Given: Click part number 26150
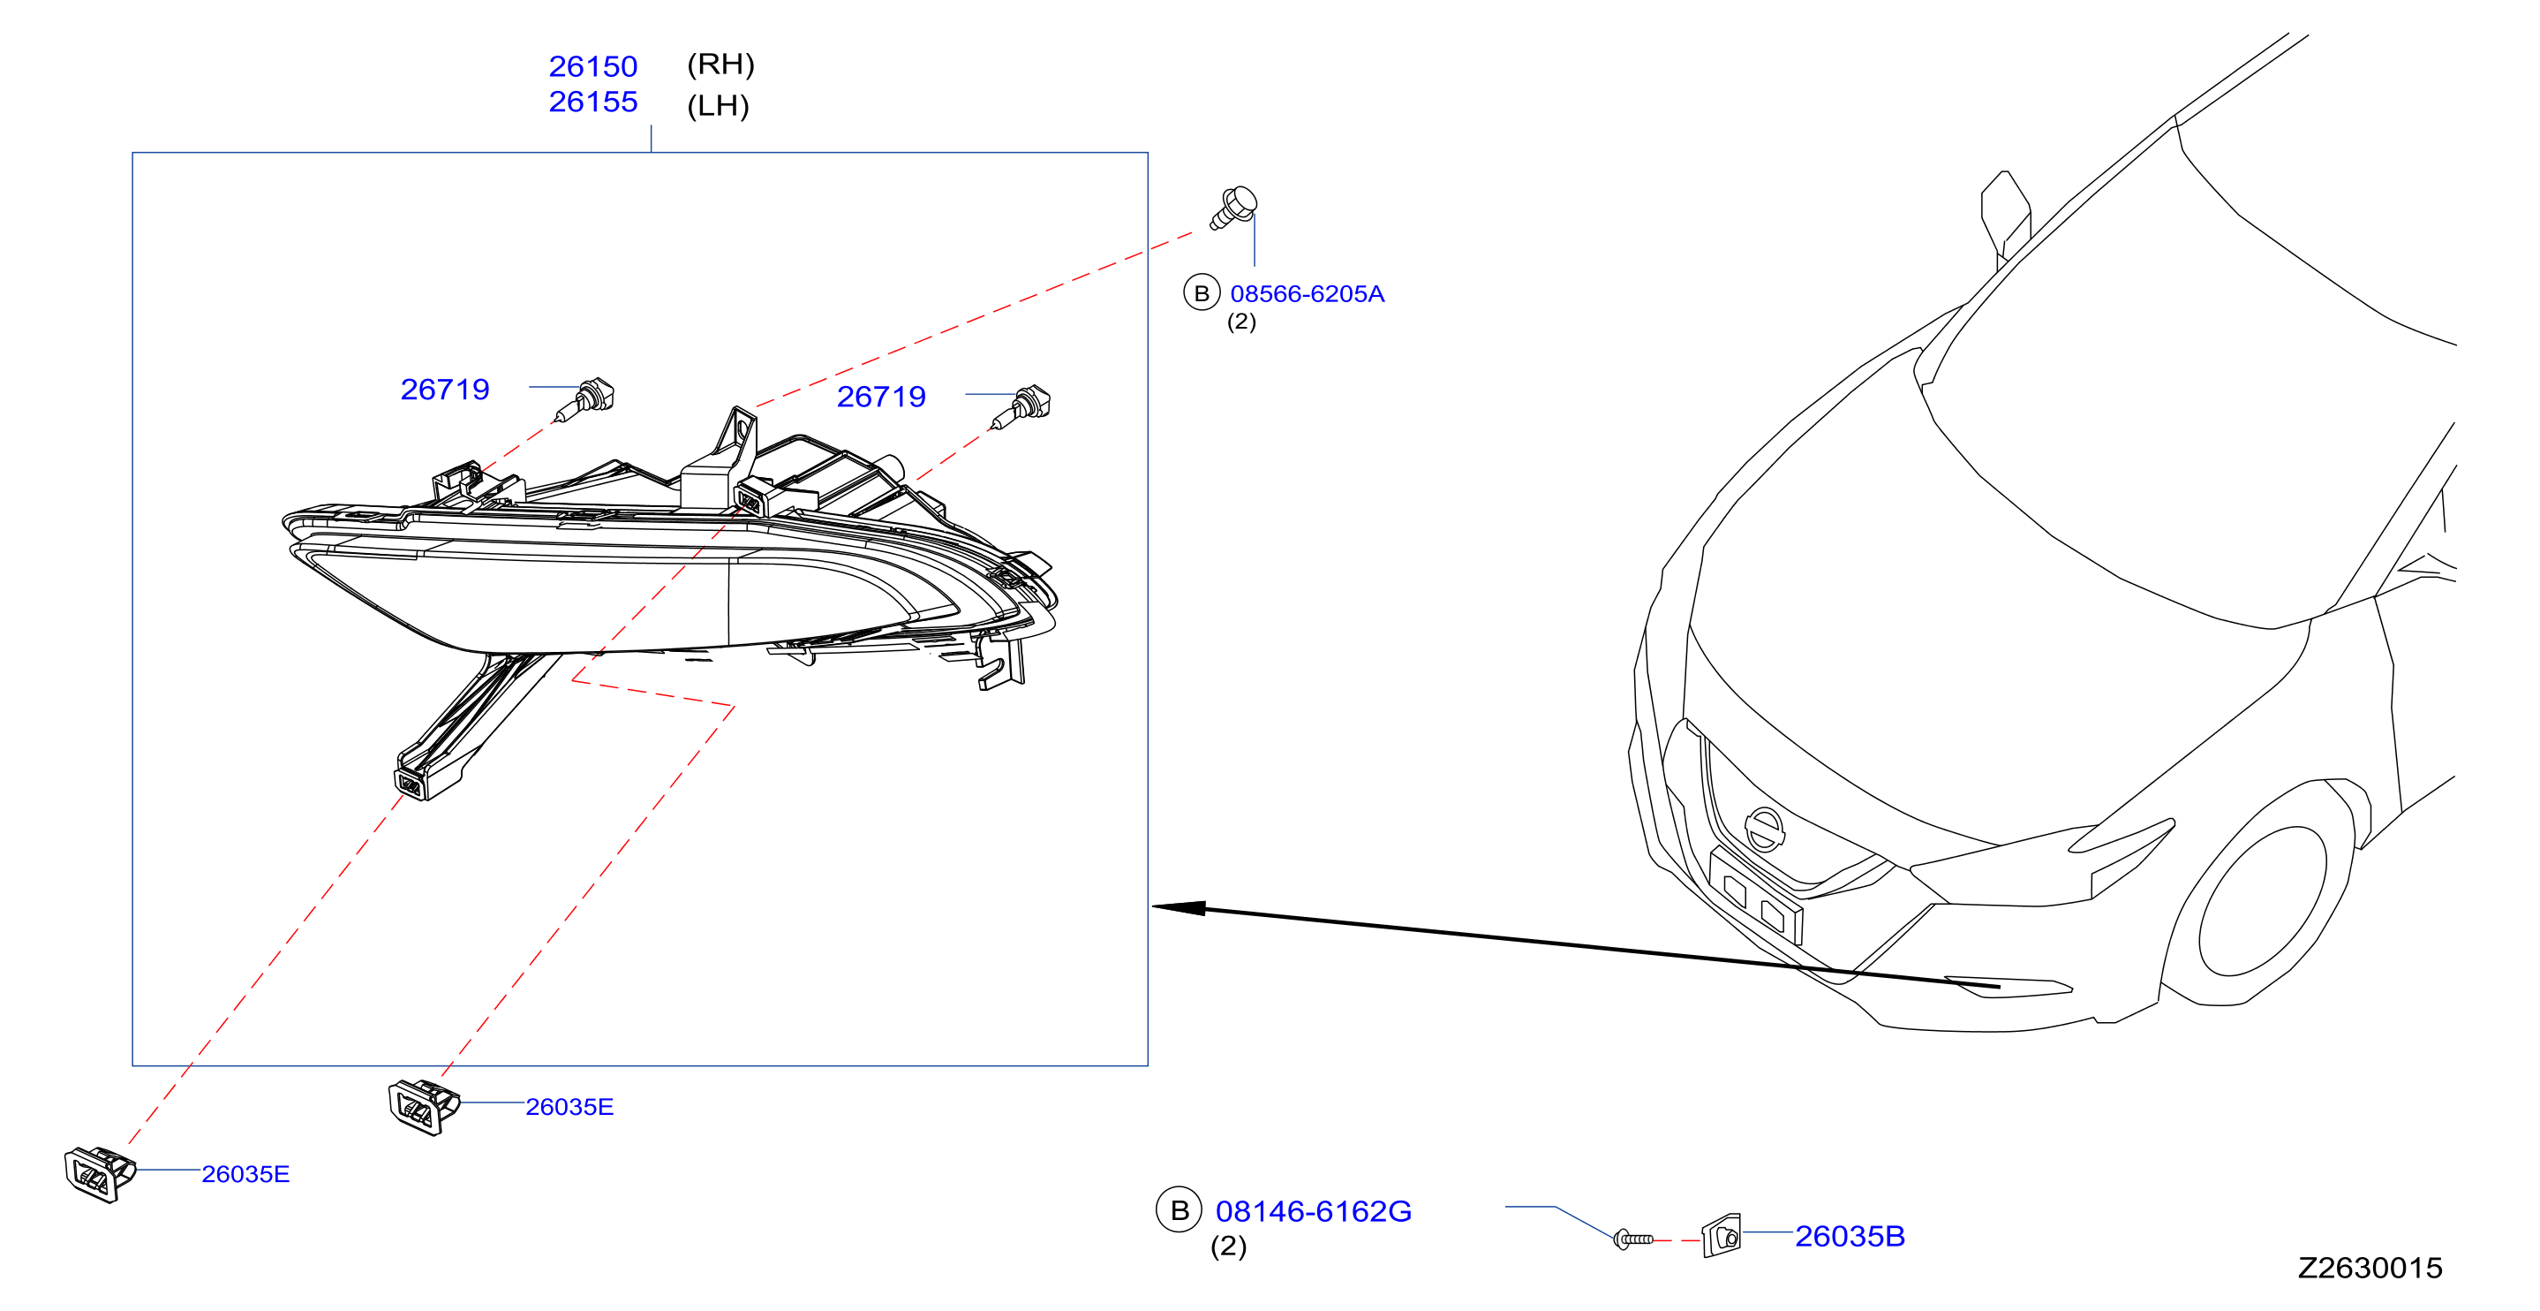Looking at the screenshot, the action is pos(592,66).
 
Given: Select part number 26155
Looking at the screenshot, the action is pos(592,102).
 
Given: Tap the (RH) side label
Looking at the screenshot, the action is pos(720,64).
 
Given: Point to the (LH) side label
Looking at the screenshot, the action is pos(718,105).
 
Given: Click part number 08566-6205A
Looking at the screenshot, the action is pos(1307,294).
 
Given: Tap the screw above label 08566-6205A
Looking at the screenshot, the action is pos(1233,207).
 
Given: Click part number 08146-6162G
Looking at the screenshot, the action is pos(1313,1211).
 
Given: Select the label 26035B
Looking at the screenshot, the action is pos(1849,1236).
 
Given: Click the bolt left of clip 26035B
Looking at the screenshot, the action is pos(1633,1239).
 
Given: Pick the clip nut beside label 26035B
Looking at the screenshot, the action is pos(1722,1235).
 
